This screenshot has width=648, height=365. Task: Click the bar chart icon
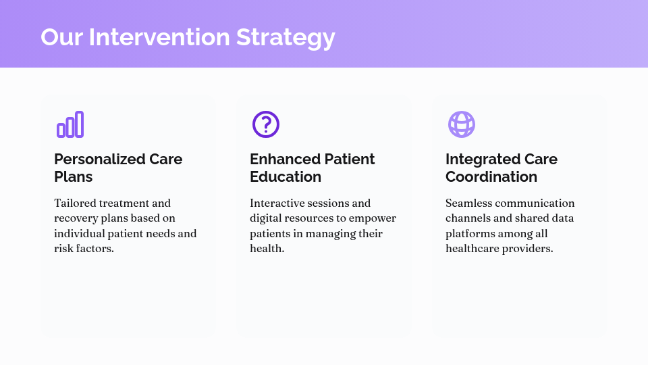70,124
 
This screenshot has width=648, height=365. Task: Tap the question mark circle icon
266,124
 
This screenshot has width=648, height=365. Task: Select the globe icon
462,124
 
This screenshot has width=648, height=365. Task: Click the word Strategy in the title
286,37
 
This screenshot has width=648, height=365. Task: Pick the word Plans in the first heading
74,177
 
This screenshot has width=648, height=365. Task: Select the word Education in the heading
286,177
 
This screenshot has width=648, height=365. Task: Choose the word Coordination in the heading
491,177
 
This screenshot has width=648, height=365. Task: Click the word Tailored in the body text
75,203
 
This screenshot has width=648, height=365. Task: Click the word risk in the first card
63,249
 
